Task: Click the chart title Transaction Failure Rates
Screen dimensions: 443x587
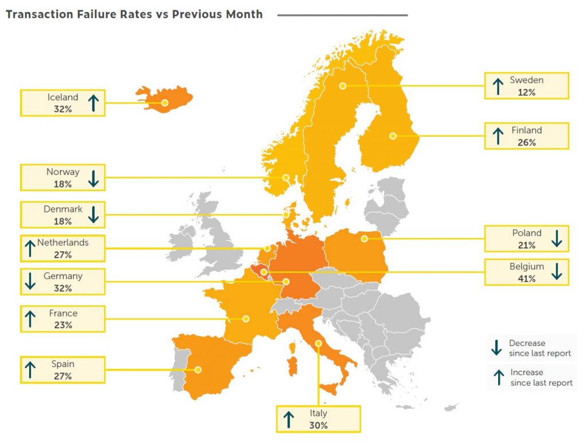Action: [x=134, y=14]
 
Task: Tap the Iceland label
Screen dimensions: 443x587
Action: [x=62, y=98]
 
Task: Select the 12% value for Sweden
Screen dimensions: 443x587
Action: [x=525, y=92]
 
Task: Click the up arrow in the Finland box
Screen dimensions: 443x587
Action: [x=497, y=136]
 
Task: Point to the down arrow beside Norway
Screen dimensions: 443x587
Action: [x=94, y=178]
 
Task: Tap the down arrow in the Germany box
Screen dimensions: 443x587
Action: [x=31, y=281]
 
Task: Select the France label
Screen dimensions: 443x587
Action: [x=63, y=313]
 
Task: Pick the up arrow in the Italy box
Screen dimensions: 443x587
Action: [x=288, y=419]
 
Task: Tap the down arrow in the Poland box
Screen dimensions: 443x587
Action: [x=556, y=238]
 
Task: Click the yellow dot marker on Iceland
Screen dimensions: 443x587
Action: [x=165, y=103]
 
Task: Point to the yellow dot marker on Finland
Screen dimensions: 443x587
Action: [x=393, y=136]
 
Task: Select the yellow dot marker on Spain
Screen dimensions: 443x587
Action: [x=197, y=370]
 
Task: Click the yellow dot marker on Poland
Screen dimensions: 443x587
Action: [x=364, y=238]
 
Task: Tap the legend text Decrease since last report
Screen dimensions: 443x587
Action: [x=539, y=348]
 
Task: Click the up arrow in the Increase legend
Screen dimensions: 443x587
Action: [x=497, y=378]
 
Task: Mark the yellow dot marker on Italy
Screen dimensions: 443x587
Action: [x=318, y=343]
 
